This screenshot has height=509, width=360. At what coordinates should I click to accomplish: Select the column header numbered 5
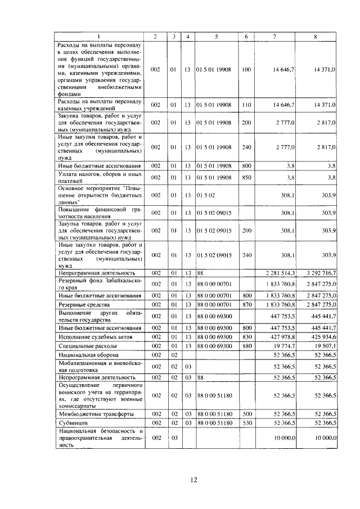(x=216, y=37)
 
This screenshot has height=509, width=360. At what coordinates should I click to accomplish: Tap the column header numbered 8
(x=315, y=37)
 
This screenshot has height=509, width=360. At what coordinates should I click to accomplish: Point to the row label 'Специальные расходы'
(x=85, y=346)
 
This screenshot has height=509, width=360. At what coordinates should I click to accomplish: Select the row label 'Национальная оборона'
(x=87, y=355)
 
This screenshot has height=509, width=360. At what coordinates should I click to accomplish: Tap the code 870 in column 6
(x=246, y=304)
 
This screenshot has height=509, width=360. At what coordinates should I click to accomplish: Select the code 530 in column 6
(x=246, y=422)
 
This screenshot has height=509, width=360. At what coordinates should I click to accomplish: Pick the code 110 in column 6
(x=246, y=105)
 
